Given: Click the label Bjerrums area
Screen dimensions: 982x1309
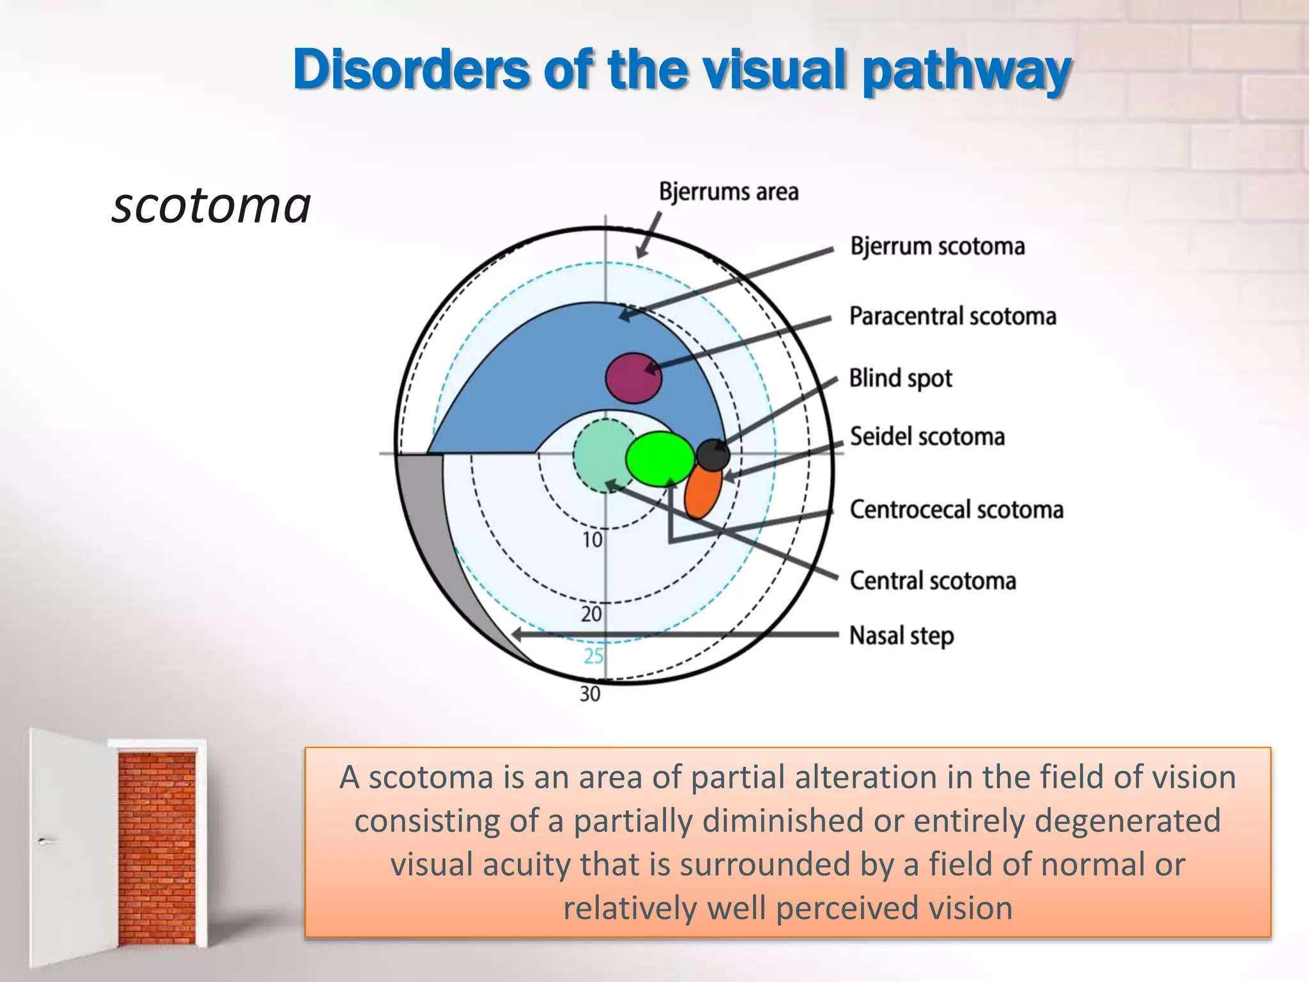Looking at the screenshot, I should tap(729, 192).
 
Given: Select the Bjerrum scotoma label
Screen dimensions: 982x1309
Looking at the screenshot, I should tap(937, 246).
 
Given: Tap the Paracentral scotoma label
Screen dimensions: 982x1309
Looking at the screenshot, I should tap(952, 316).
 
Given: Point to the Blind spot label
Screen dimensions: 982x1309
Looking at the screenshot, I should tap(900, 378).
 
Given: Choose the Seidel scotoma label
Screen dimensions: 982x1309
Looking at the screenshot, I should tap(927, 437).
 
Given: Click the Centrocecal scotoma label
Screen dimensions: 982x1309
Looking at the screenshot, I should tap(956, 510).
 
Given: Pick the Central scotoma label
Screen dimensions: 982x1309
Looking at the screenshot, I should tap(933, 581).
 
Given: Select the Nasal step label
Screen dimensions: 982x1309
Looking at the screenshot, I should tap(901, 635).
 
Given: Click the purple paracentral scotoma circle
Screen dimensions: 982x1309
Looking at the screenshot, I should tap(633, 378).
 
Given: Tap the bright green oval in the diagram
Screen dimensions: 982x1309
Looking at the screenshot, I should tap(660, 458).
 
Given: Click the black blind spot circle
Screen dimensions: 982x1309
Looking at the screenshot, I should tap(713, 455).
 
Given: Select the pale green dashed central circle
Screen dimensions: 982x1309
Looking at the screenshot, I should tap(598, 455).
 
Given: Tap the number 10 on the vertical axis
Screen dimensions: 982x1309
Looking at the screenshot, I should tap(593, 540).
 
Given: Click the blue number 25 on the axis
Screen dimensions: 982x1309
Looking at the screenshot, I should tap(594, 656).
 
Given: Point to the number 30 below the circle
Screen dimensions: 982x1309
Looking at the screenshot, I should tap(590, 694).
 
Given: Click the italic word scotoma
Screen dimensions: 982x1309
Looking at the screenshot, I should tap(211, 206).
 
